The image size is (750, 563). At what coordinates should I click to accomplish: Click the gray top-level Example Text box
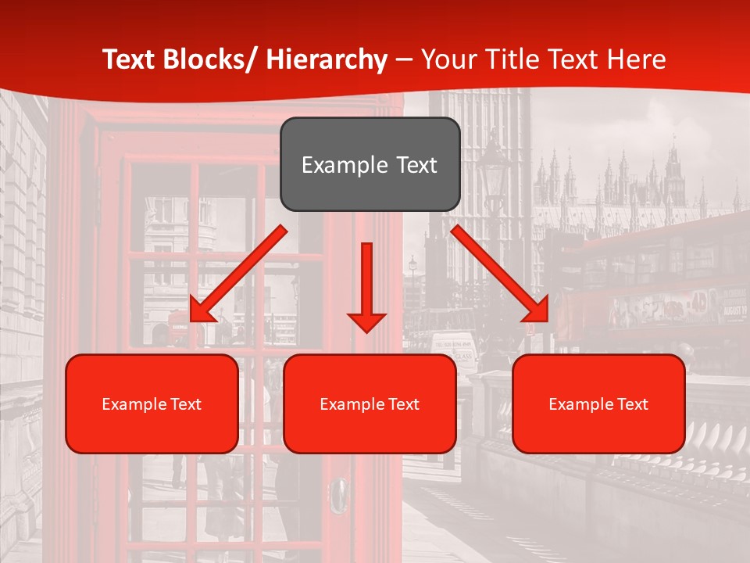370,164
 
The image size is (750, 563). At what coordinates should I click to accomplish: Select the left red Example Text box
152,403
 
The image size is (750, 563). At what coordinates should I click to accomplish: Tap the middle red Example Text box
370,403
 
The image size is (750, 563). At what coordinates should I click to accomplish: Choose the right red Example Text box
598,403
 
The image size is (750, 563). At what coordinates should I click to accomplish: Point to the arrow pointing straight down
366,286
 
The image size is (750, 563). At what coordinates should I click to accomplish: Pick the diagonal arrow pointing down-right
500,274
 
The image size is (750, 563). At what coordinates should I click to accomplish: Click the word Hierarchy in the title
326,59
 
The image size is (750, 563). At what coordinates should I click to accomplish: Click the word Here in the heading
638,59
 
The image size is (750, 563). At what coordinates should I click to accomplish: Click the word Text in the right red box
631,404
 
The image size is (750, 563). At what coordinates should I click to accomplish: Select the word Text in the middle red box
402,404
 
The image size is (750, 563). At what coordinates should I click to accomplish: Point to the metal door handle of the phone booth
340,493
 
